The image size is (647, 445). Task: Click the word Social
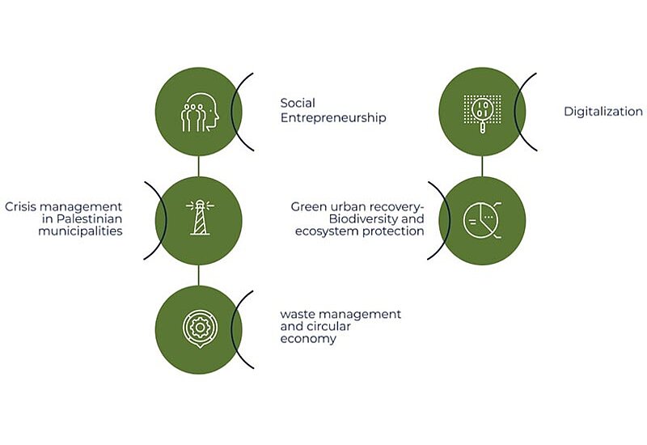[x=298, y=103]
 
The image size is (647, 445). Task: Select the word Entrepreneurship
[x=333, y=118]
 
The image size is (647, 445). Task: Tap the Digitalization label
[x=603, y=112]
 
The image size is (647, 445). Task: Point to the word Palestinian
[x=90, y=218]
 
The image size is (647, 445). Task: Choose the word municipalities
[x=80, y=231]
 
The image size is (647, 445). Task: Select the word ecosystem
[x=328, y=231]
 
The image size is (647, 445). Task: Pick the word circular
[x=332, y=326]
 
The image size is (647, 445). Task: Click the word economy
[x=308, y=339]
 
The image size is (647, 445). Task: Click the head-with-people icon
[x=200, y=112]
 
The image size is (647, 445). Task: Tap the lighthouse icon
[x=200, y=218]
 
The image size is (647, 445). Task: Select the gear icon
[x=200, y=328]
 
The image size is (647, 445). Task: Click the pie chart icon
[x=482, y=220]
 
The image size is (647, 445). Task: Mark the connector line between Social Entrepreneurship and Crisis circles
[x=198, y=166]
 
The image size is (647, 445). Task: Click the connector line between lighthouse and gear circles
[x=198, y=275]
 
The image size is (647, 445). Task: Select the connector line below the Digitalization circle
[x=482, y=166]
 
